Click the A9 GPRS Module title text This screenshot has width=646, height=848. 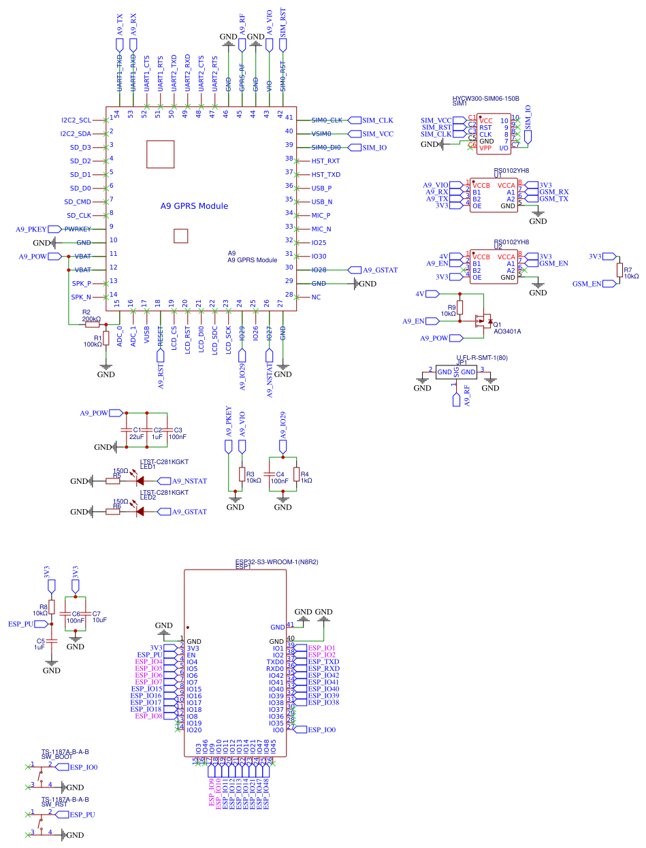point(194,206)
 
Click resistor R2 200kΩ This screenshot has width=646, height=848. point(92,325)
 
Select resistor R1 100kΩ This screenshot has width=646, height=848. point(106,338)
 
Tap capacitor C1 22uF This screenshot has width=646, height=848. point(125,430)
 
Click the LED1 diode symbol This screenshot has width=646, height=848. point(141,481)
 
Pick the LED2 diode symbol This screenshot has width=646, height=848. point(141,512)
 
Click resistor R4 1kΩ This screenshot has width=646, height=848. point(296,474)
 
